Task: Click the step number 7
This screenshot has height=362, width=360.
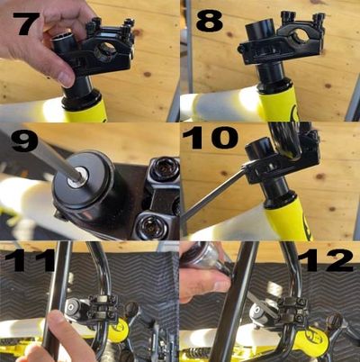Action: click(x=28, y=23)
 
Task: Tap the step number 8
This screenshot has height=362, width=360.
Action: click(x=210, y=21)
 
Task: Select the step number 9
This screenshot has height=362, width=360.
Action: click(x=25, y=140)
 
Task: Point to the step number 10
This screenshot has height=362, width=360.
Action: click(x=210, y=138)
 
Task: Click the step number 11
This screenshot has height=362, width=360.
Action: click(x=30, y=259)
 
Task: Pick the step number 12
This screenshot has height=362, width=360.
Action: click(x=325, y=260)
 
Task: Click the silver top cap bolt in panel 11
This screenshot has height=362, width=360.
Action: click(x=71, y=307)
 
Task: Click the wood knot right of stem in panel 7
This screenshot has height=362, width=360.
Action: click(x=148, y=74)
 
